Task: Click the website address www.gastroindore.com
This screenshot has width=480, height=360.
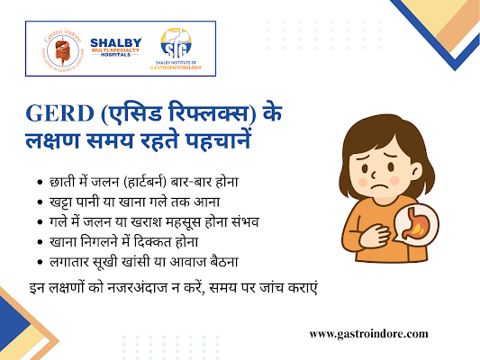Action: click(368, 333)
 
